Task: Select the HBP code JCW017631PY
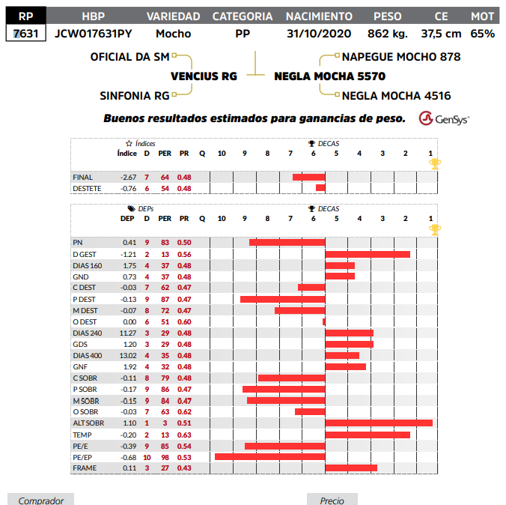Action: tap(93, 34)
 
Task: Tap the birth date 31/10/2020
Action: tap(319, 34)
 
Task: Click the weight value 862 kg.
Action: tap(388, 34)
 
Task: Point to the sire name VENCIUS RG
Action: tap(204, 76)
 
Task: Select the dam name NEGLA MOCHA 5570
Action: tap(330, 76)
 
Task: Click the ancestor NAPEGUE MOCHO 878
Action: tap(401, 57)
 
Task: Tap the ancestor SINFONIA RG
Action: tap(134, 96)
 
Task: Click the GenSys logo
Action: tap(444, 118)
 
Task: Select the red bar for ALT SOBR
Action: tap(379, 423)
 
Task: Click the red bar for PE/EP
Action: tap(269, 457)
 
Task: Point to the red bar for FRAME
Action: tap(351, 468)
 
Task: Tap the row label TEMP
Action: tap(82, 435)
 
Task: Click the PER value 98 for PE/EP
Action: tap(165, 457)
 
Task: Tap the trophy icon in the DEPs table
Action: tap(435, 229)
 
